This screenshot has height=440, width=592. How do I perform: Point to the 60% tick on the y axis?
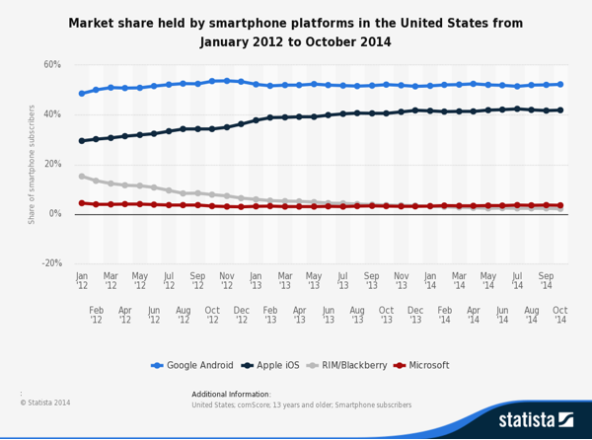click(x=52, y=65)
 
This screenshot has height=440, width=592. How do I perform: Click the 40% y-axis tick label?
click(x=52, y=114)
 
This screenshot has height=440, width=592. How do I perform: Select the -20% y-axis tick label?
click(x=51, y=263)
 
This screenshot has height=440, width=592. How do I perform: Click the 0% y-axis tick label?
click(x=55, y=214)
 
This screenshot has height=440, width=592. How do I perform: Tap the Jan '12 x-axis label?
click(x=82, y=282)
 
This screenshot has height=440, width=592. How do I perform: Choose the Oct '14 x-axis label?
click(x=560, y=315)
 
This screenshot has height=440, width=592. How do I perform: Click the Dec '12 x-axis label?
click(x=242, y=315)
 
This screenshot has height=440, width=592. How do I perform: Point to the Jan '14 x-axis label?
click(x=430, y=282)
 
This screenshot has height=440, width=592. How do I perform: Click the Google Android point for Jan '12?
click(x=82, y=94)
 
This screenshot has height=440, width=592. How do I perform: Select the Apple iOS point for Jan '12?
click(x=82, y=141)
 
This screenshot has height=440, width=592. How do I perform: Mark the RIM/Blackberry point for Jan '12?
click(x=82, y=177)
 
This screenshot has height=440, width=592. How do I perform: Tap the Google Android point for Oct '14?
click(x=560, y=85)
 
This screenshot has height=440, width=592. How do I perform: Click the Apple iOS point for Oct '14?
click(x=560, y=110)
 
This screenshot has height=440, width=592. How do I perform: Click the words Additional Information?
click(x=226, y=394)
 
